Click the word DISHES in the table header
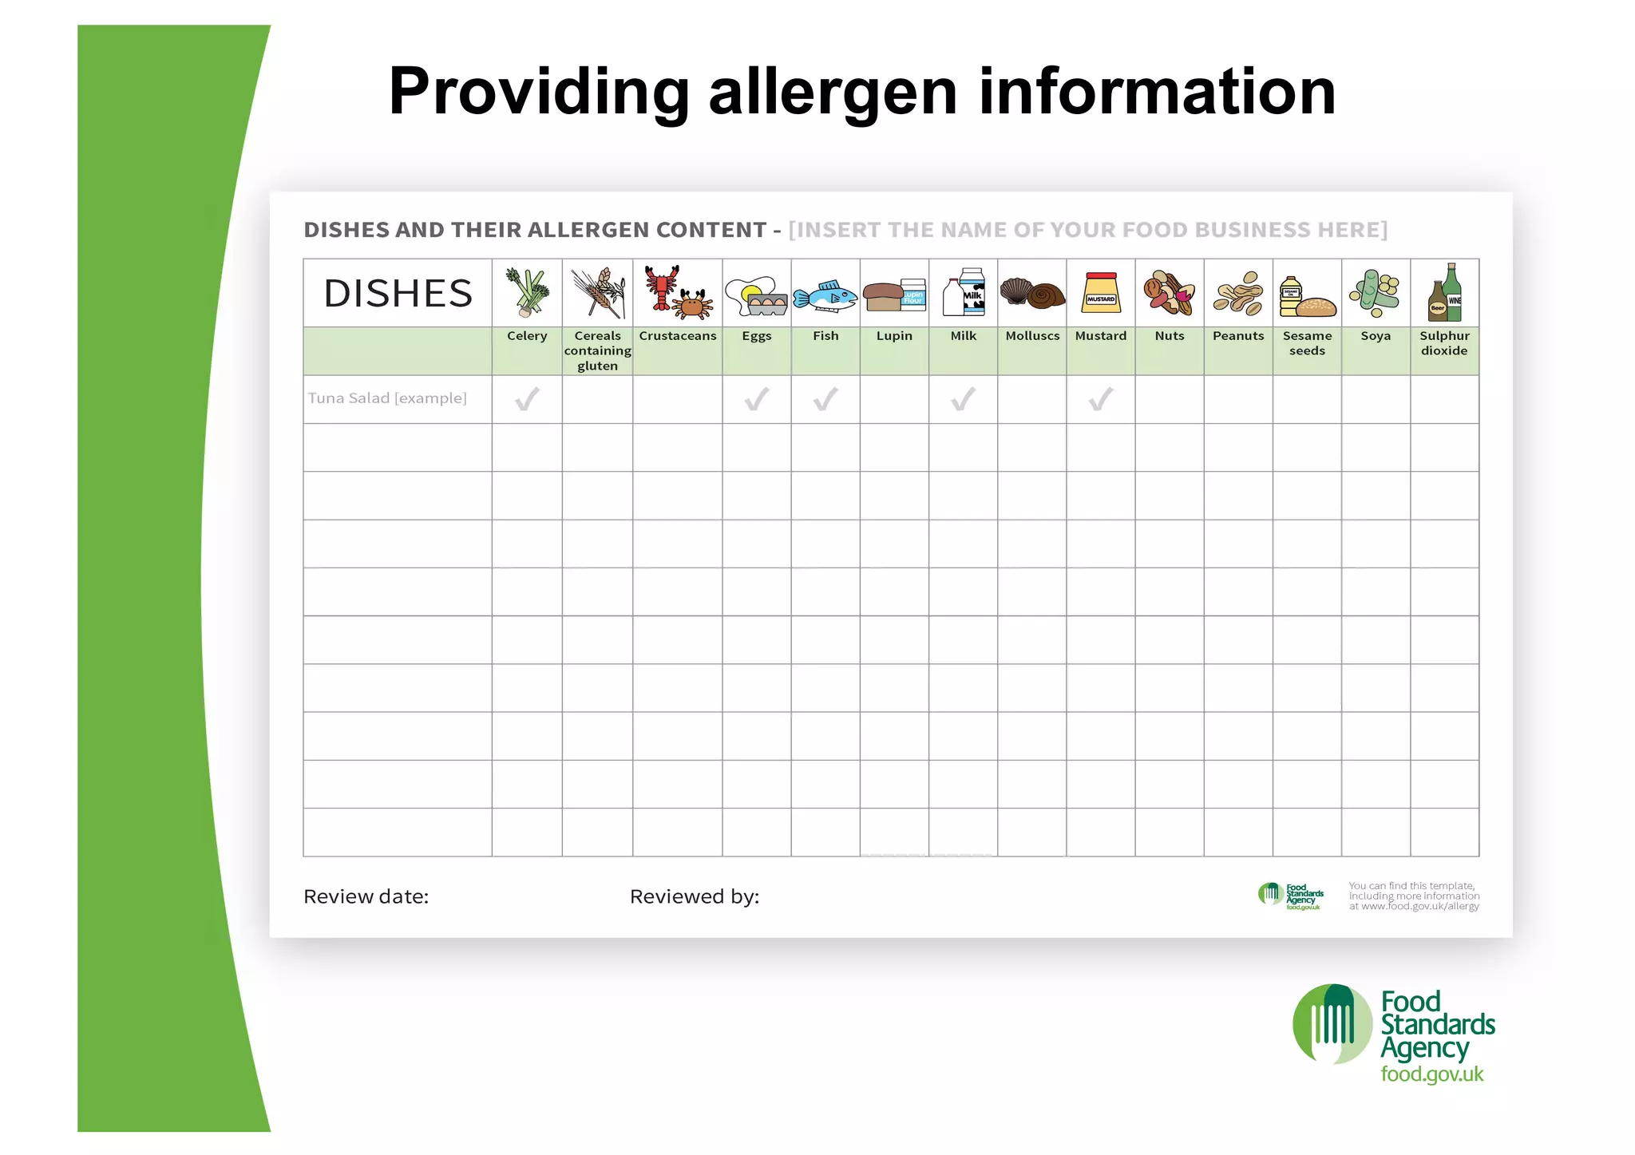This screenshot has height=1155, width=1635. click(398, 294)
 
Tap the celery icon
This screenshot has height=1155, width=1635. click(527, 292)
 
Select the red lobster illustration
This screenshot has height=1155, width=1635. click(662, 287)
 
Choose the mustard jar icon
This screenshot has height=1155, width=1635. click(1101, 292)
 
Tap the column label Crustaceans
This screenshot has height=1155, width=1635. click(678, 336)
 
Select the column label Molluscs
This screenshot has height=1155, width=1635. click(1032, 336)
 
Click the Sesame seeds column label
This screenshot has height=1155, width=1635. click(1307, 343)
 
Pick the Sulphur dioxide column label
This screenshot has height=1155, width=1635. click(1444, 343)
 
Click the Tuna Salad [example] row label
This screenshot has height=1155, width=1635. click(387, 398)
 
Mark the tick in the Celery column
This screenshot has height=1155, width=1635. click(527, 398)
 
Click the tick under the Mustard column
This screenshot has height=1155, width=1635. click(1101, 398)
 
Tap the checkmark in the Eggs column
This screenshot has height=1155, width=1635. click(757, 398)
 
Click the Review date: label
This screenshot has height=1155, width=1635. click(366, 897)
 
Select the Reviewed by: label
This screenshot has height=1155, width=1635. click(695, 897)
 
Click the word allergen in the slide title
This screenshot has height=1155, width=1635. click(833, 92)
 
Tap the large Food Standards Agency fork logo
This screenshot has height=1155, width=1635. click(1332, 1024)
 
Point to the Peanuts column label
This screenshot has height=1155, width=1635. click(1238, 336)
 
